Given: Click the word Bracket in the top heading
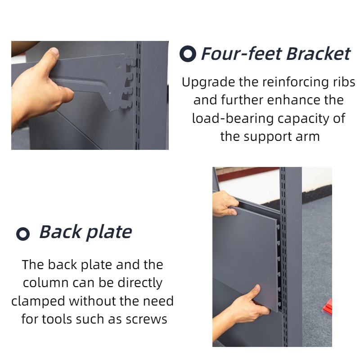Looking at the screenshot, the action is [319, 54].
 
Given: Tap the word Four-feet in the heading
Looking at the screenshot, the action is [241, 54].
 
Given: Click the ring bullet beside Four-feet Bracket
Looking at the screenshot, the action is [188, 54].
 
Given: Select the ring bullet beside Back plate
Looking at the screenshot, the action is [23, 234].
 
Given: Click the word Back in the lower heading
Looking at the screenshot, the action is [61, 232].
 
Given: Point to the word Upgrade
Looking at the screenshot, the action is [208, 83].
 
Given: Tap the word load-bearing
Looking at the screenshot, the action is [233, 119].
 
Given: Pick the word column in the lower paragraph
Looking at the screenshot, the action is [46, 283].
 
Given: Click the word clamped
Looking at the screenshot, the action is [38, 301].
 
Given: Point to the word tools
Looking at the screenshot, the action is [57, 319].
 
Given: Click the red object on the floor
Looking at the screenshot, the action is [328, 306].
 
